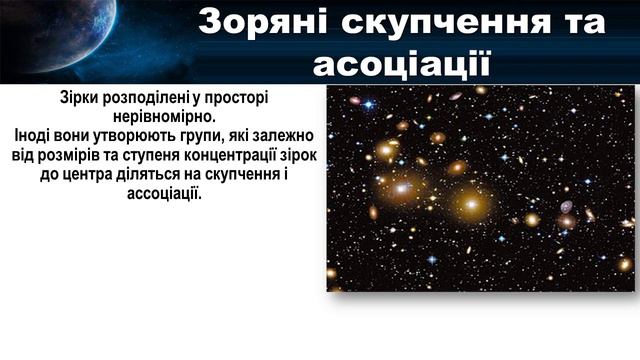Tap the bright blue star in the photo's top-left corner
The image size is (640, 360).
(x=367, y=104)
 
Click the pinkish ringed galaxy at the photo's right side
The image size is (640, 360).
(x=567, y=207)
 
